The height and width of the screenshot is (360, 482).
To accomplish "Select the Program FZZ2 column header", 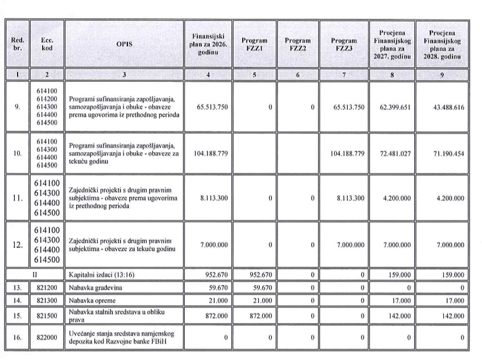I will pyautogui.click(x=297, y=45).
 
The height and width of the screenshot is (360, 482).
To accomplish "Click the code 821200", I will pyautogui.click(x=47, y=288).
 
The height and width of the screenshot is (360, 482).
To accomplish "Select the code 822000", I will pyautogui.click(x=47, y=337).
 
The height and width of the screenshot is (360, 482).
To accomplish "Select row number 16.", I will pyautogui.click(x=17, y=337).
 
